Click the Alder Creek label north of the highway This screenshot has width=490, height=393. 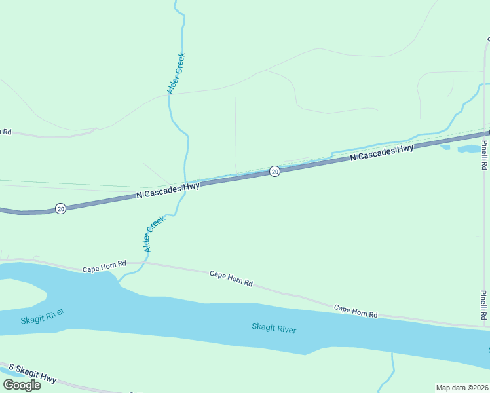pyautogui.click(x=176, y=73)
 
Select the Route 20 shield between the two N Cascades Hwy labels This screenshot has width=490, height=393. pyautogui.click(x=275, y=171)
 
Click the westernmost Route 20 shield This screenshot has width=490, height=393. pyautogui.click(x=60, y=208)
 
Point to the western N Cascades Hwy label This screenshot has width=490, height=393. pyautogui.click(x=168, y=191)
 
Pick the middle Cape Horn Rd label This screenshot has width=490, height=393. pyautogui.click(x=231, y=278)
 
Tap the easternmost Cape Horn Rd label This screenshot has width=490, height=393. pyautogui.click(x=356, y=310)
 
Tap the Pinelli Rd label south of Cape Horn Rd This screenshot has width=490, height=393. pyautogui.click(x=483, y=305)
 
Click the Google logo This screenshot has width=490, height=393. pyautogui.click(x=22, y=384)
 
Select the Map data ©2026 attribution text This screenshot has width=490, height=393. pyautogui.click(x=462, y=387)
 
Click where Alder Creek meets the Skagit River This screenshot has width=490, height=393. pyautogui.click(x=121, y=282)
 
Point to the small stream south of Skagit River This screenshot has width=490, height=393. pyautogui.click(x=391, y=373)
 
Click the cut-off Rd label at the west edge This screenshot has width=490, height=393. pyautogui.click(x=6, y=132)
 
